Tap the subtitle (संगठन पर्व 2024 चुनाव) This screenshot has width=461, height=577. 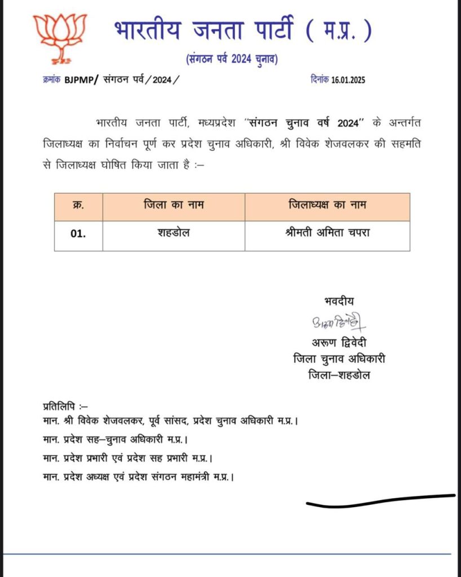point(231,60)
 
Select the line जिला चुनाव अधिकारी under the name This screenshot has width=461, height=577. point(339,359)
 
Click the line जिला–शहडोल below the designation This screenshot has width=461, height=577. point(339,375)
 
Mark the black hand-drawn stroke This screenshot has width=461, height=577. point(380,500)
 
